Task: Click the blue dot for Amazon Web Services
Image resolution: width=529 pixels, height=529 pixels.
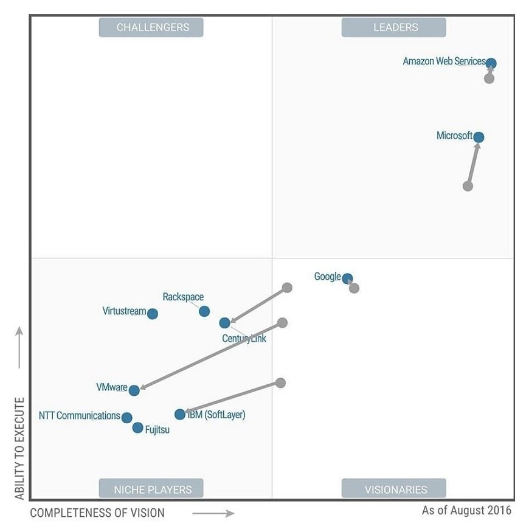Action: tap(491, 63)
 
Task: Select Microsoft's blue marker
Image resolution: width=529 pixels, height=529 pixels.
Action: tap(479, 137)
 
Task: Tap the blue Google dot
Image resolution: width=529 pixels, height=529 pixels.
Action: tap(347, 279)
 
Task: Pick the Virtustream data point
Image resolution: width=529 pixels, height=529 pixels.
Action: tap(153, 314)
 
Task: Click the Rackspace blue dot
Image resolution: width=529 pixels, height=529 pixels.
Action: tap(204, 311)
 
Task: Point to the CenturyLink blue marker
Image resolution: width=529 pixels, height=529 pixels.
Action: tap(224, 323)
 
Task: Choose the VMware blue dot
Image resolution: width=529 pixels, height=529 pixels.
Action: tap(134, 390)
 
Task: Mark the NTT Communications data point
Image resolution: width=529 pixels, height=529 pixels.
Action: tap(126, 418)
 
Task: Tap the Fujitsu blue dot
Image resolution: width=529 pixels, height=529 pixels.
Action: tap(137, 428)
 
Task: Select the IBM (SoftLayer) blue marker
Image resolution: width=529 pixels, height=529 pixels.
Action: tap(179, 415)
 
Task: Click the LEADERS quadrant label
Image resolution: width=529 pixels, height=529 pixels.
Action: tap(393, 27)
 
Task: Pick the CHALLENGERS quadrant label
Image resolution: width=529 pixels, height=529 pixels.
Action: tap(151, 27)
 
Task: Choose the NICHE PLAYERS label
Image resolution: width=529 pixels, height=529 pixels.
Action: tap(151, 489)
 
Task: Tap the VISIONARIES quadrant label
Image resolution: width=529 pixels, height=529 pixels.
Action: tap(393, 489)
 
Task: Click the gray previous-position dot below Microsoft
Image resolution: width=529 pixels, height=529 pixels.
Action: tap(468, 186)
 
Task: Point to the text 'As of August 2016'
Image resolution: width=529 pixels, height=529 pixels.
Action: tap(466, 510)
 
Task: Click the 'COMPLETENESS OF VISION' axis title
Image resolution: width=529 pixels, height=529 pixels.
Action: tap(97, 513)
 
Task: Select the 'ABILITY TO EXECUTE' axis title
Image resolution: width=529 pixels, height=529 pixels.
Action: tap(20, 449)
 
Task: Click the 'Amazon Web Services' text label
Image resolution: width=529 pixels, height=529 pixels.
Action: tap(444, 61)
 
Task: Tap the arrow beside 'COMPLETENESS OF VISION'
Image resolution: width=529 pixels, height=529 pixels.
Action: tap(213, 513)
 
